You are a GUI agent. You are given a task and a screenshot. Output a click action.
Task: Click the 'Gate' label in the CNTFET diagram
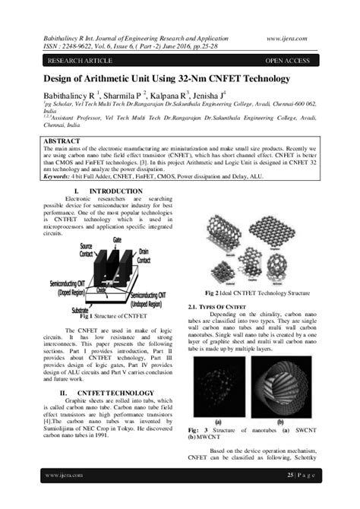click(x=116, y=239)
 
